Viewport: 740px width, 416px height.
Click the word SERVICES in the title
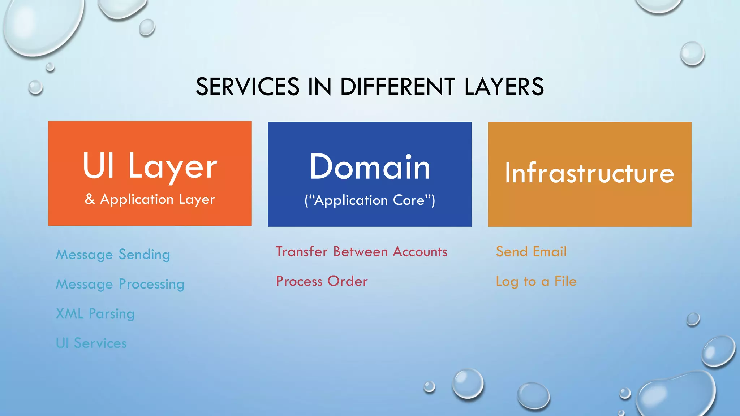(x=248, y=87)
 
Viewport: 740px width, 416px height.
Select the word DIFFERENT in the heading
(x=397, y=87)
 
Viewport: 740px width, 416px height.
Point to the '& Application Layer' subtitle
(x=150, y=199)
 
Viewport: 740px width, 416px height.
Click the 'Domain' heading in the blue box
(x=370, y=167)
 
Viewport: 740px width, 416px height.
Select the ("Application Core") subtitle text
(x=370, y=200)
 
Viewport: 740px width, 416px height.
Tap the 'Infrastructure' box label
(x=589, y=173)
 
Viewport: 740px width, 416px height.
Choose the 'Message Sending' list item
(x=113, y=255)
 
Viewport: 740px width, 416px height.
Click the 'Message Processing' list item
(x=120, y=284)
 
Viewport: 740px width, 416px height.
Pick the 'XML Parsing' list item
(x=95, y=314)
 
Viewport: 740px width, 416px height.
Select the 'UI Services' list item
(x=91, y=343)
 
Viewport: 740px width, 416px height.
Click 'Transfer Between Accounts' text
(x=361, y=252)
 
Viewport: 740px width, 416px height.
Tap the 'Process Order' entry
(x=322, y=281)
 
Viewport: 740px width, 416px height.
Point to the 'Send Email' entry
(x=531, y=252)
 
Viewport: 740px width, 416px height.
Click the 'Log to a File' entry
(x=536, y=281)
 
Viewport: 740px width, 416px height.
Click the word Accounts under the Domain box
(x=420, y=252)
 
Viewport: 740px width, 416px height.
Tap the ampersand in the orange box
(x=90, y=199)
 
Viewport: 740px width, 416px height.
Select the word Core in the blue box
(x=409, y=200)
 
